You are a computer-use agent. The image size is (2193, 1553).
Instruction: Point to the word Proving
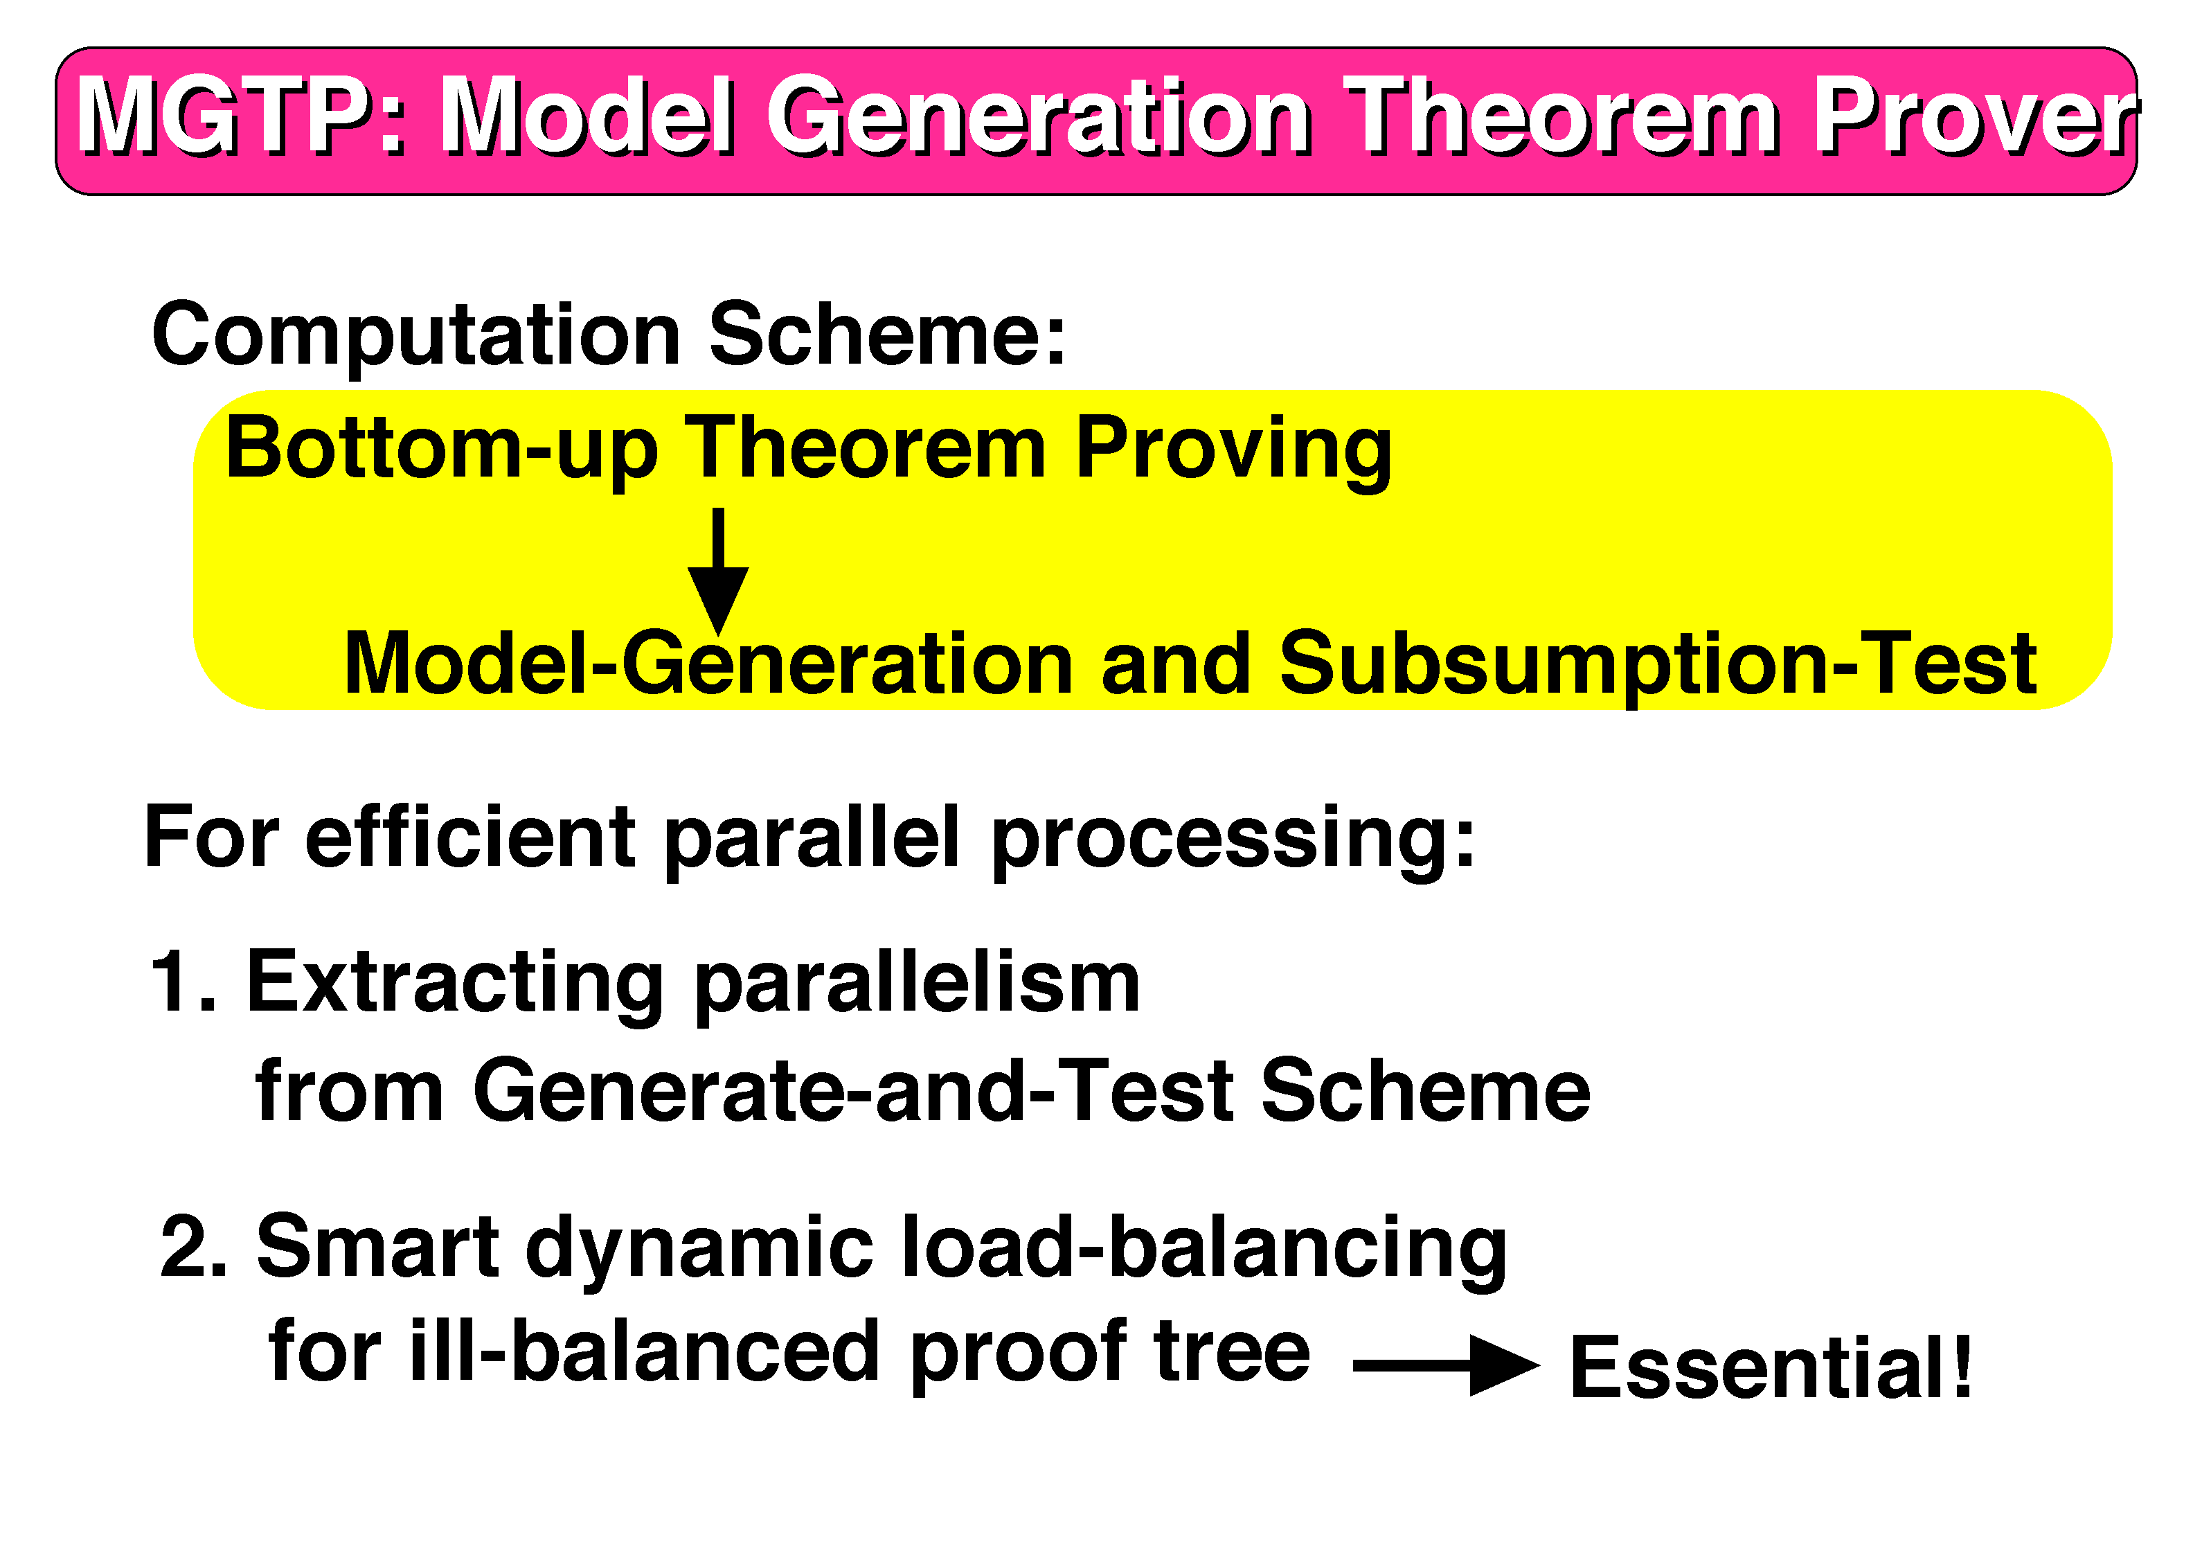(1233, 452)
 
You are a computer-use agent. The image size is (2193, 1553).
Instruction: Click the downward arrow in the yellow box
(718, 572)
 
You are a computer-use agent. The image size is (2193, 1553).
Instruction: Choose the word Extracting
(455, 985)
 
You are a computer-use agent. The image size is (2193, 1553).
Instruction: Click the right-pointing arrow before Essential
(1445, 1365)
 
